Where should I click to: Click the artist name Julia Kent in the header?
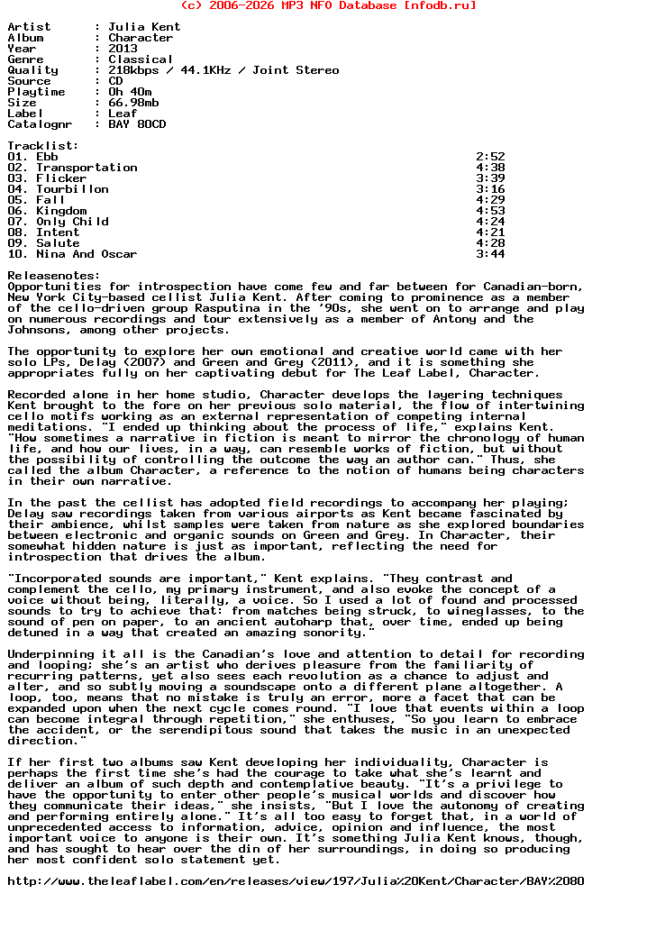coord(144,27)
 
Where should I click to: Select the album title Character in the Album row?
coord(141,38)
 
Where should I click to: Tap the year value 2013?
coord(123,49)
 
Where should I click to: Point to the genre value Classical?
coord(141,59)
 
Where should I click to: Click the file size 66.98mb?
coord(133,103)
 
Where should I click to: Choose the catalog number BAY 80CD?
coord(137,124)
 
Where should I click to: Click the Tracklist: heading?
coord(43,146)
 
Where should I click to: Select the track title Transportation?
coord(87,168)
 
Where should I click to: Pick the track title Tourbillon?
coord(72,189)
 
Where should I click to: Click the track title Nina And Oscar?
coord(87,254)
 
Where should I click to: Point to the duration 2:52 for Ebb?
coord(490,157)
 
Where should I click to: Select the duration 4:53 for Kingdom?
coord(490,211)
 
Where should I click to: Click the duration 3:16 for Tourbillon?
coord(490,189)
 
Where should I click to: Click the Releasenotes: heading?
coord(54,276)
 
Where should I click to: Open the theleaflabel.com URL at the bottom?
coord(296,881)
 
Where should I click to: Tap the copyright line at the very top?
coord(328,5)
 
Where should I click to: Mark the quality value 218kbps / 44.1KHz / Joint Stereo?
coord(223,70)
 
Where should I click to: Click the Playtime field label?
coord(36,92)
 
